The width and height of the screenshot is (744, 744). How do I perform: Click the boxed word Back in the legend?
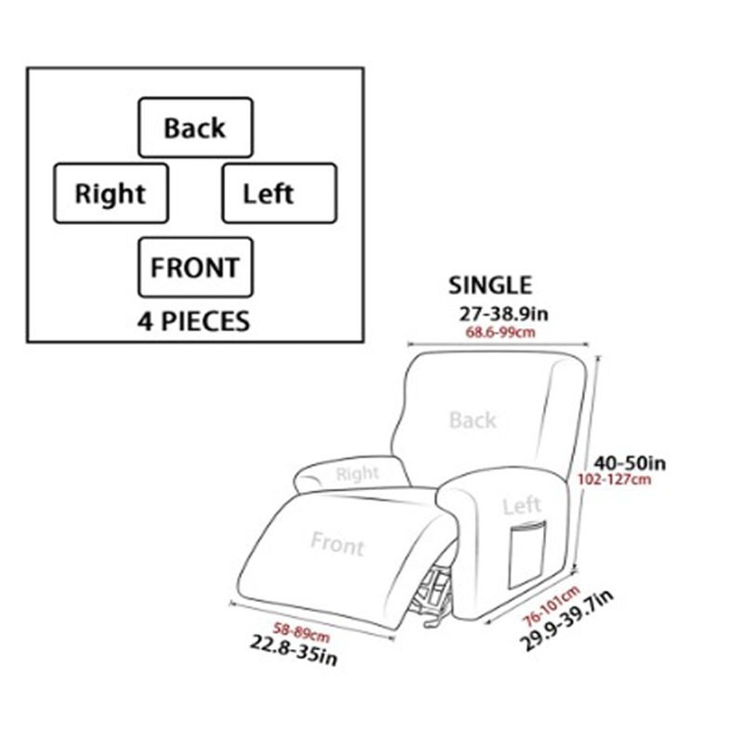pos(195,127)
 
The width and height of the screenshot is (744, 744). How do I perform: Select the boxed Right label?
pos(111,193)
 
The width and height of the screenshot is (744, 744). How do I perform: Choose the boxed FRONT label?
pos(195,268)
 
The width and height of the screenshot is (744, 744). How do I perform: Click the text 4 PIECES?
pos(193,321)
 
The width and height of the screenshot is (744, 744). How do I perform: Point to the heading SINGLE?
pos(490,286)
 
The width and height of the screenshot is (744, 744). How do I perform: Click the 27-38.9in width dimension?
pos(503,313)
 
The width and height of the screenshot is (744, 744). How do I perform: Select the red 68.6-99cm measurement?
pos(500,332)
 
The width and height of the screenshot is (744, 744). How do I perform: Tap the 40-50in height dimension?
pos(631,462)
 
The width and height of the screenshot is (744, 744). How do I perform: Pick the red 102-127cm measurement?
pos(614,479)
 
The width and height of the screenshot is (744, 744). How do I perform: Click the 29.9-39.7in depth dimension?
pos(566,620)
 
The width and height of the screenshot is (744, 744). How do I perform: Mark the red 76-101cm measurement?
pos(551,606)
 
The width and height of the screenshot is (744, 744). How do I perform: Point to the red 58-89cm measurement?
pos(300,632)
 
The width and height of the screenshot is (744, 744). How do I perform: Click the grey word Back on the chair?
pos(472,420)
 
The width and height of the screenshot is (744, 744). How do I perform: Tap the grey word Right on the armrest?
pos(357,473)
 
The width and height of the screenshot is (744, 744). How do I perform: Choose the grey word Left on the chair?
pos(522,506)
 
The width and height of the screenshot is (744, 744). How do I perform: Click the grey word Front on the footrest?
pos(338,544)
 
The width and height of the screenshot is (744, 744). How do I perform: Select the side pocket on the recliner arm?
pos(527,554)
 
